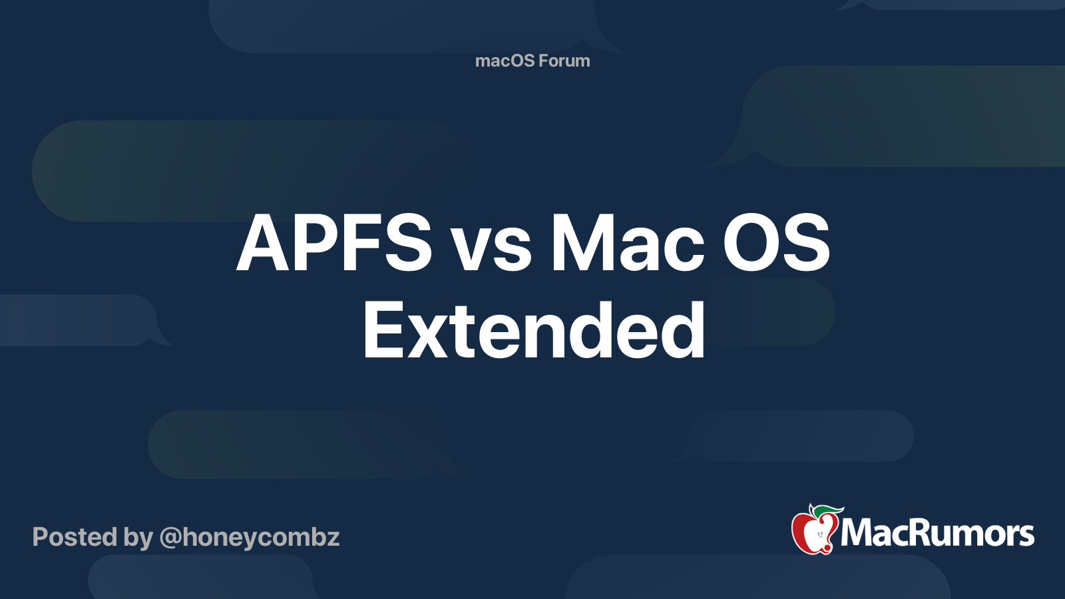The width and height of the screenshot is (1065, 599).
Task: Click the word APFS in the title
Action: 334,243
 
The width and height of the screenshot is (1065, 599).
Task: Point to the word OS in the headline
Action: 776,243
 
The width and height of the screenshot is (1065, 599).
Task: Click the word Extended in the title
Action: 534,329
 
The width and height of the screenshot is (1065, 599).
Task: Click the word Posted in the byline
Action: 75,536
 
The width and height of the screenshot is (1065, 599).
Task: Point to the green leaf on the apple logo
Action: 827,512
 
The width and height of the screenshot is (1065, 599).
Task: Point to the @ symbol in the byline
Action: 170,538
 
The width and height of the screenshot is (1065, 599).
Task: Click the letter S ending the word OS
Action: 807,243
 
